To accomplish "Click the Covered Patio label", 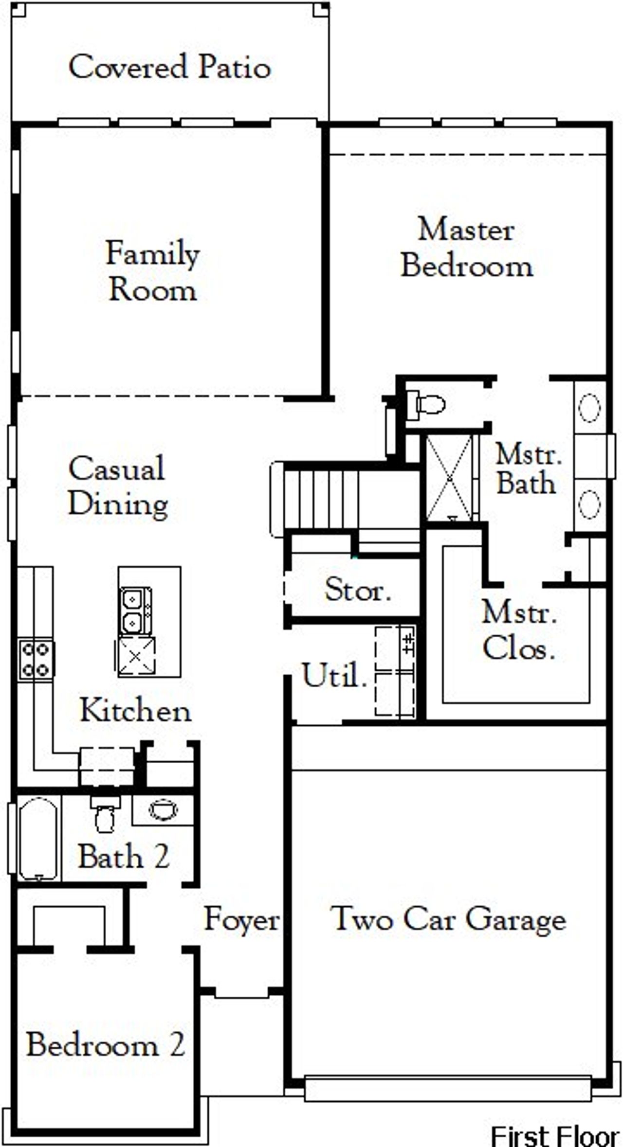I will click(169, 67).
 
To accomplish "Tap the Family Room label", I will click(152, 271).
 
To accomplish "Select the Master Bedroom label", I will click(466, 248).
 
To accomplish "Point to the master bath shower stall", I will click(449, 478).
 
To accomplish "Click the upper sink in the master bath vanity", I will click(589, 408).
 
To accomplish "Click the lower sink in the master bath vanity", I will click(589, 504).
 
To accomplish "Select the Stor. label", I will click(358, 590).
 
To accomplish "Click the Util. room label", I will click(334, 675).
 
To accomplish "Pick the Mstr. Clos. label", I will click(519, 630).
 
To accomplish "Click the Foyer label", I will click(241, 919).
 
